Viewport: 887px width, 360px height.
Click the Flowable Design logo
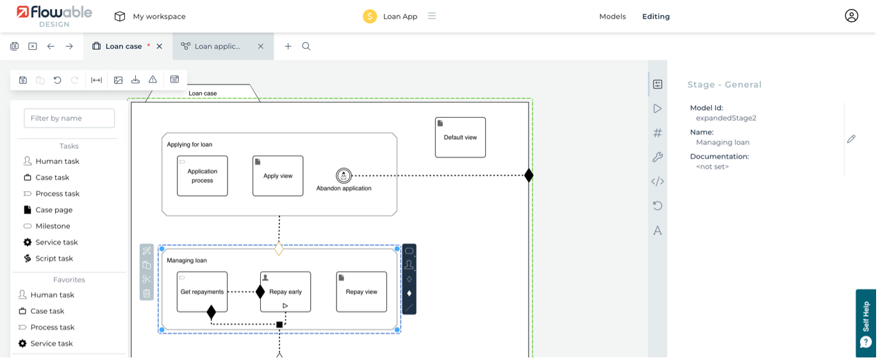pyautogui.click(x=54, y=16)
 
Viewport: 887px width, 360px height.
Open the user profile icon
pyautogui.click(x=851, y=16)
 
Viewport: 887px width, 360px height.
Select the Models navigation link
pyautogui.click(x=612, y=17)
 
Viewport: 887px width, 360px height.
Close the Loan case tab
pyautogui.click(x=160, y=46)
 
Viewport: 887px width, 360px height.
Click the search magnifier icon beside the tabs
pyautogui.click(x=306, y=46)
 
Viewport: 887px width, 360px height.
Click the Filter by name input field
pyautogui.click(x=69, y=118)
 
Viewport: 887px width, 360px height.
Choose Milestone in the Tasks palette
pyautogui.click(x=53, y=226)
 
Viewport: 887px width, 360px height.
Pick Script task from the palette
pyautogui.click(x=54, y=259)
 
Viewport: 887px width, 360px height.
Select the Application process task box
pyautogui.click(x=203, y=176)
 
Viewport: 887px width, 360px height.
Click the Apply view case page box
pyautogui.click(x=278, y=176)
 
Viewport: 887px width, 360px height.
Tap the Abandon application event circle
pyautogui.click(x=344, y=176)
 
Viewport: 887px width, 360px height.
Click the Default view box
pyautogui.click(x=460, y=137)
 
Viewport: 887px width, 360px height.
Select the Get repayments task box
pyautogui.click(x=202, y=292)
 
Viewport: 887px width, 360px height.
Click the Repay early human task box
pyautogui.click(x=286, y=292)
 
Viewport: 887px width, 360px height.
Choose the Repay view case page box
pyautogui.click(x=361, y=292)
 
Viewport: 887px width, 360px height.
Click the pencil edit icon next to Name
pyautogui.click(x=851, y=139)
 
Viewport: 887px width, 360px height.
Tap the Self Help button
pyautogui.click(x=866, y=323)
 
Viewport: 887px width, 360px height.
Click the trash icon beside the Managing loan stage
pyautogui.click(x=147, y=293)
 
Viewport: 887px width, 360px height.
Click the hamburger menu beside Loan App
pyautogui.click(x=432, y=16)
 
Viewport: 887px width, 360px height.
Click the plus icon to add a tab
pyautogui.click(x=288, y=46)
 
